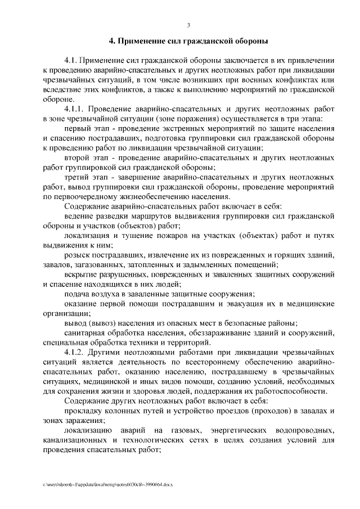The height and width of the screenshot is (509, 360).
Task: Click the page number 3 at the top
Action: pyautogui.click(x=188, y=24)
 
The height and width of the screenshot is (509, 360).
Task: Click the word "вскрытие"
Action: pyautogui.click(x=79, y=274)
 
